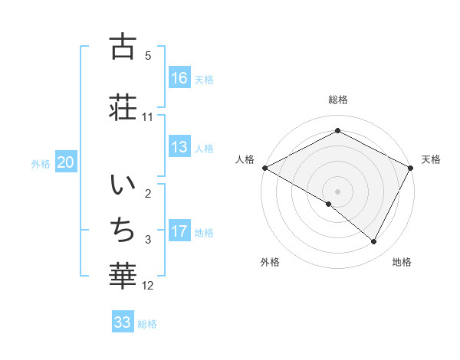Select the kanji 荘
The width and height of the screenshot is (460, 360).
tap(123, 106)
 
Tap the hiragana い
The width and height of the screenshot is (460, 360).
tap(123, 187)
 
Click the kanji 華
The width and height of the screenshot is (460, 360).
tap(123, 275)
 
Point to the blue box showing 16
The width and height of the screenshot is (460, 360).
tap(179, 78)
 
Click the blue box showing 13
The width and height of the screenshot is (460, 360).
tap(179, 148)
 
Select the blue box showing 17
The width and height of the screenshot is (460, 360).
tap(179, 232)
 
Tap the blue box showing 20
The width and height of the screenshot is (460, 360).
tap(66, 162)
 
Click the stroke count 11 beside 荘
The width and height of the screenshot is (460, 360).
tap(148, 117)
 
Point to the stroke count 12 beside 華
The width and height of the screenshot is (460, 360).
tap(149, 286)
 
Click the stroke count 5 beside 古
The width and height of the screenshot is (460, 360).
tap(148, 56)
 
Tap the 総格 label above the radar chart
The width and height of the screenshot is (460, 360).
tap(337, 100)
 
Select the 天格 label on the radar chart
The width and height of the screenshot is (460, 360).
tap(431, 159)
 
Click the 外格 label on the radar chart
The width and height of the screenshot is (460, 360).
tap(270, 262)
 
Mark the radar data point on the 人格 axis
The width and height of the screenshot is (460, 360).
tap(264, 167)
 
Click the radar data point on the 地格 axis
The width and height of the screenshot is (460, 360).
tap(374, 241)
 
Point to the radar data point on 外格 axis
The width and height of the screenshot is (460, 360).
tap(329, 204)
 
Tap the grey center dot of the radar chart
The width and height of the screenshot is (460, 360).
tap(337, 191)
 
